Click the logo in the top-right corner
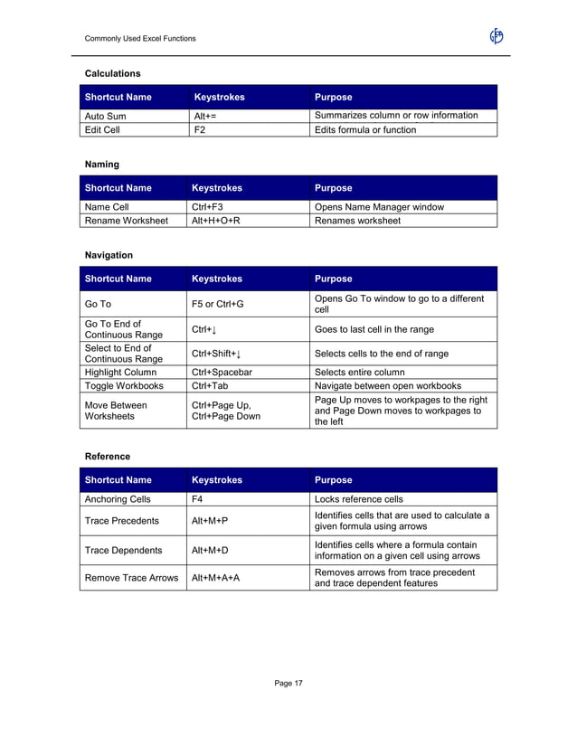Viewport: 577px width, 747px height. pos(496,36)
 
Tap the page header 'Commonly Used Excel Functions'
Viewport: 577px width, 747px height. pos(139,38)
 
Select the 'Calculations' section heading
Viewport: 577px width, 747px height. pos(112,72)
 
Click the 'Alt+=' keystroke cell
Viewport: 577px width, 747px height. pos(204,116)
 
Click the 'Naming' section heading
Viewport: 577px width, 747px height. pos(102,165)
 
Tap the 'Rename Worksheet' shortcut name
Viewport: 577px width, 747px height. pos(126,221)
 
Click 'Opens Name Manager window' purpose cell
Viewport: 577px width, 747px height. pos(379,207)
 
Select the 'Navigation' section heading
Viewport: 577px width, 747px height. pos(109,256)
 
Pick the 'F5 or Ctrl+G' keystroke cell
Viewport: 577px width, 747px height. pos(218,304)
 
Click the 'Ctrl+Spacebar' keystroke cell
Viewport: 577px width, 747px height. pos(222,372)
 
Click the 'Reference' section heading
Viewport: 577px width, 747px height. pos(108,456)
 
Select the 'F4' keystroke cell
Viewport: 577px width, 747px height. pos(197,498)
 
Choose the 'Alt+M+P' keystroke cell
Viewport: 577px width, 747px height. pos(210,521)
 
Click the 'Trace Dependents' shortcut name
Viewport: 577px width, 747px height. pos(123,550)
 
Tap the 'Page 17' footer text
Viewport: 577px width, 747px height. pos(289,683)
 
